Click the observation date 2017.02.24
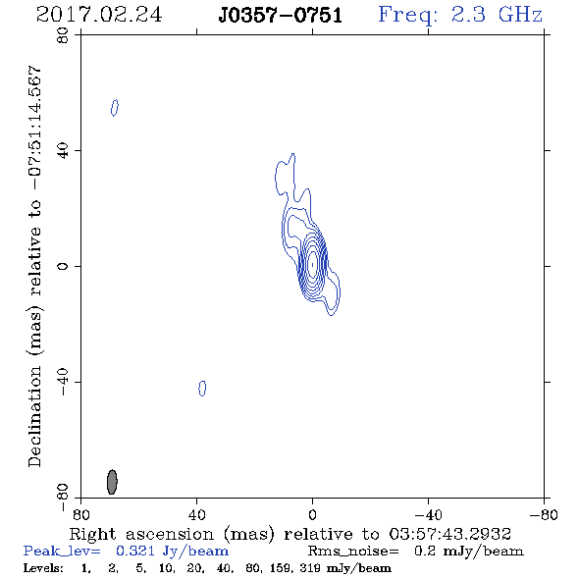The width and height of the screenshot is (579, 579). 99,15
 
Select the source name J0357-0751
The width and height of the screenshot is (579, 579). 281,15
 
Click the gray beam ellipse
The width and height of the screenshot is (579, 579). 112,482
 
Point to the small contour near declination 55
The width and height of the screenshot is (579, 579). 115,108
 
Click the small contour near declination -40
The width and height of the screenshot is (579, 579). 202,388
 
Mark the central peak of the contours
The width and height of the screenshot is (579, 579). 312,264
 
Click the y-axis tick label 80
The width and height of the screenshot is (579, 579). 63,35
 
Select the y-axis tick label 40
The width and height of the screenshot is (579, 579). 63,151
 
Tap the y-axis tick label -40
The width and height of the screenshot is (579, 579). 63,383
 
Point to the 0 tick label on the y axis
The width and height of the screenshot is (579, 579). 63,266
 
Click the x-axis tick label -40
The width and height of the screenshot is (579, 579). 428,515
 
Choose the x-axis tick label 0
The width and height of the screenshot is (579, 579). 312,515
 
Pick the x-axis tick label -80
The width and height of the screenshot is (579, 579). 544,515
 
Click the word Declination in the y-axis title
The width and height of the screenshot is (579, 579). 34,416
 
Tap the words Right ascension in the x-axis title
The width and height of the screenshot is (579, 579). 141,534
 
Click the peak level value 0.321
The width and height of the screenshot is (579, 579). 134,551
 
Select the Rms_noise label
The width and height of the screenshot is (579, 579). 353,552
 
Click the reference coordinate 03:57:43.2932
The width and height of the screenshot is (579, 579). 449,534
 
